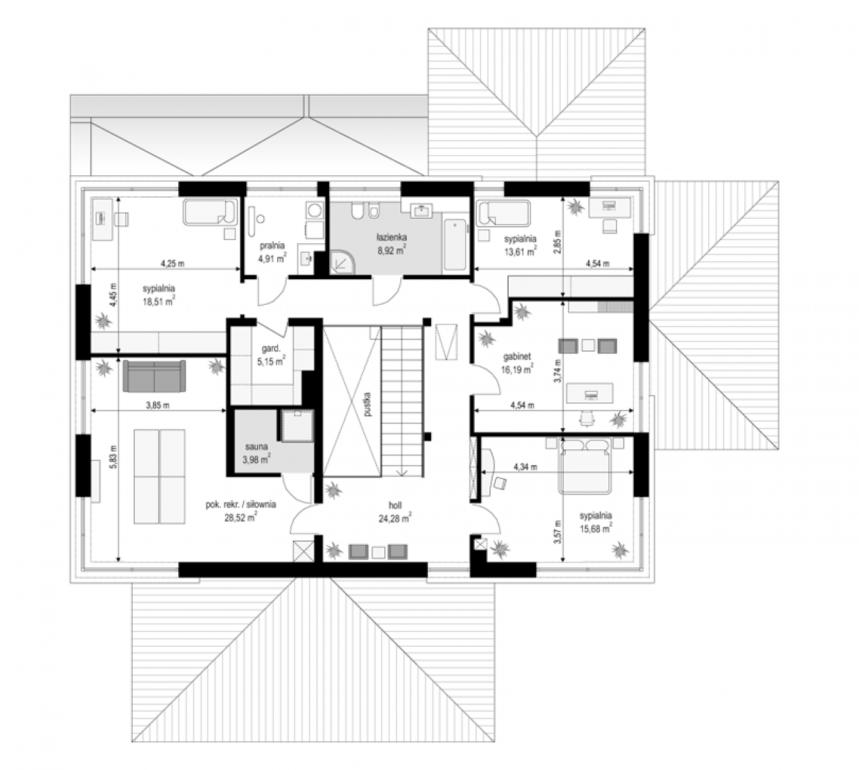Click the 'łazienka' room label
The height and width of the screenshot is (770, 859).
click(x=391, y=237)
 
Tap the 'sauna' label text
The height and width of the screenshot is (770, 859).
click(x=256, y=447)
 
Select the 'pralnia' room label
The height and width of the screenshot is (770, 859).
click(x=272, y=245)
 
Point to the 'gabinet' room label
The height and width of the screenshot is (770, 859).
click(x=517, y=357)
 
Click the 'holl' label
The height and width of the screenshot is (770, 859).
click(x=395, y=505)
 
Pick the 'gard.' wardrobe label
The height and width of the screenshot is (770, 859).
click(x=271, y=348)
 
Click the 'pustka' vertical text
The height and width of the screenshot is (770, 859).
click(x=367, y=404)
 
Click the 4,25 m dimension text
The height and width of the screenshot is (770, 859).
click(x=173, y=263)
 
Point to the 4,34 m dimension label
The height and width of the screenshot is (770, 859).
click(x=525, y=467)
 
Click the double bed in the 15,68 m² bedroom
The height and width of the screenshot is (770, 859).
click(x=585, y=466)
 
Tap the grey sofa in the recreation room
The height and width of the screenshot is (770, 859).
click(x=155, y=375)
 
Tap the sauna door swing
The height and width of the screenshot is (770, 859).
click(x=293, y=488)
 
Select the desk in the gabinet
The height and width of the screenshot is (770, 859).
click(x=590, y=393)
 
